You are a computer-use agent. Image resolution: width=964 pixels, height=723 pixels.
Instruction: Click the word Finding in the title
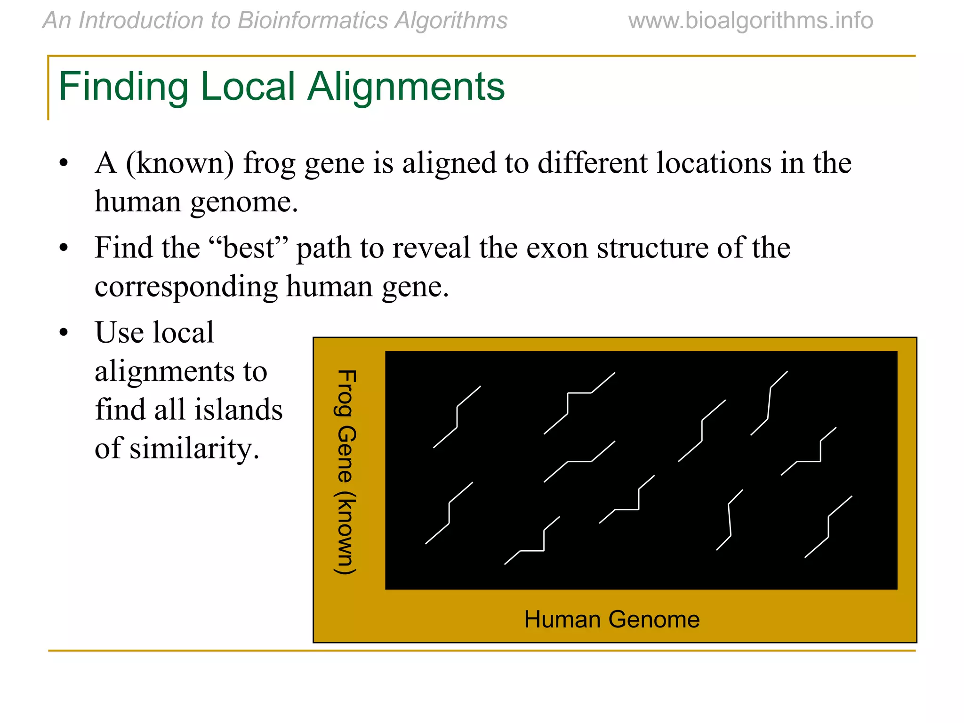click(123, 87)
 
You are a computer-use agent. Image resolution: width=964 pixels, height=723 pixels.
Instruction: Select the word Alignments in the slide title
click(406, 87)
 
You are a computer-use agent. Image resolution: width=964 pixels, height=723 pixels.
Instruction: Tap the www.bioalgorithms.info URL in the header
click(750, 21)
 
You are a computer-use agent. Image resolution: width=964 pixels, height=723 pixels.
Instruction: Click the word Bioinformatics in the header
click(313, 21)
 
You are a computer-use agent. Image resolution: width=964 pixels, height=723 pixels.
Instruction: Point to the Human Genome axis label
click(611, 619)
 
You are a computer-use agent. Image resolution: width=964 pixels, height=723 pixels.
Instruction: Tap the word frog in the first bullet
click(269, 163)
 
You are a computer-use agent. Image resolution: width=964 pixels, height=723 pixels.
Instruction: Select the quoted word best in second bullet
click(249, 248)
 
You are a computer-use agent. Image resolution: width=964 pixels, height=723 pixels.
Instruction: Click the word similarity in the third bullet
click(193, 448)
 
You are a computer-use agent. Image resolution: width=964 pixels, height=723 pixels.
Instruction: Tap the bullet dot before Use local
click(64, 333)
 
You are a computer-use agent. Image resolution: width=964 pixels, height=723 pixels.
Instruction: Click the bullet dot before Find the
click(64, 248)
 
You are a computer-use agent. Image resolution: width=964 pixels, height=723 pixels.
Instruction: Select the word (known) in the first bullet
click(180, 163)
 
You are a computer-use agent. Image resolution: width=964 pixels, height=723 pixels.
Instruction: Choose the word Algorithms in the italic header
click(451, 21)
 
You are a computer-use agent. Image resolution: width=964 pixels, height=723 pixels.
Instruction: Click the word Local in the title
click(248, 87)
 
